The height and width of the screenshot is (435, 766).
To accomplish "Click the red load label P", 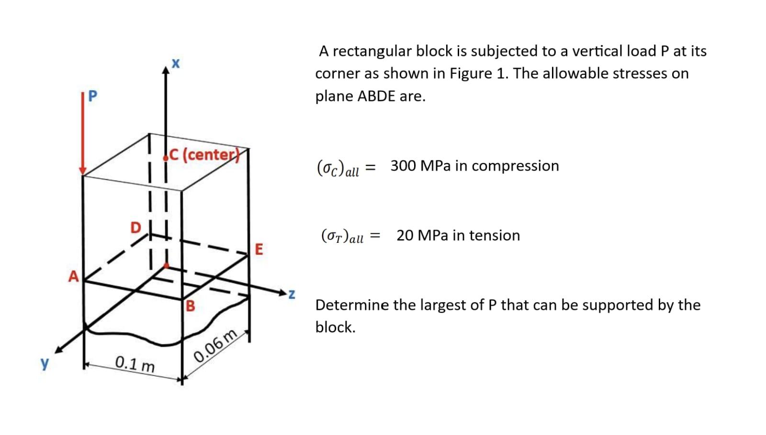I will (x=92, y=96).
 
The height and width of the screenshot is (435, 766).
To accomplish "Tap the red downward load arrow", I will (x=83, y=134).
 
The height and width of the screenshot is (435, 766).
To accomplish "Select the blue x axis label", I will (x=176, y=63).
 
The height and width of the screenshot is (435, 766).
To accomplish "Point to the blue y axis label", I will (x=45, y=363).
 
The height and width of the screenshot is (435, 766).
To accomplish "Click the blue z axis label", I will (x=291, y=294).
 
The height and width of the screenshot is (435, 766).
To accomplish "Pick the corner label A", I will (x=73, y=276).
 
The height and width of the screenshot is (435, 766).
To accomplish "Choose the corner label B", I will (x=190, y=306).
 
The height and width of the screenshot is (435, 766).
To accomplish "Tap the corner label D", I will (x=136, y=227).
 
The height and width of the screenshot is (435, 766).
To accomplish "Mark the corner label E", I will (x=259, y=249).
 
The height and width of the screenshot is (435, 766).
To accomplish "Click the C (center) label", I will (x=203, y=155).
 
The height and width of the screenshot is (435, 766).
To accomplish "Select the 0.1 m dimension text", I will (x=135, y=364).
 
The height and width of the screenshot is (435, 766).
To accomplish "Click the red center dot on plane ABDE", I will (x=166, y=265).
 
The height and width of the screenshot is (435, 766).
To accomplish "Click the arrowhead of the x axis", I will (x=166, y=71).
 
